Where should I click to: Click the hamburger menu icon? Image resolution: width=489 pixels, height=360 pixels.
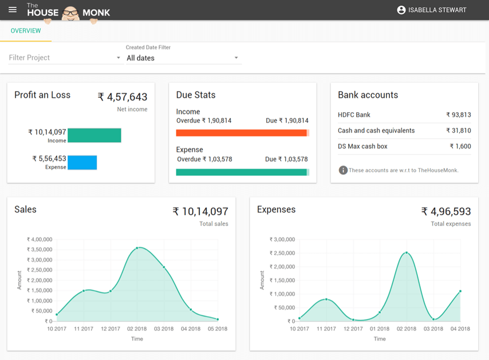coord(13,10)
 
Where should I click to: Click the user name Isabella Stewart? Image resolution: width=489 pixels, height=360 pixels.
coord(437,10)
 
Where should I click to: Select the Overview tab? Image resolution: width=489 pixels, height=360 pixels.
coord(26,31)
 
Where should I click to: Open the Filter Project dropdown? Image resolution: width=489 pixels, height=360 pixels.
coord(65,58)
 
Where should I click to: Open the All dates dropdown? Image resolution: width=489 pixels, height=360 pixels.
coord(183,58)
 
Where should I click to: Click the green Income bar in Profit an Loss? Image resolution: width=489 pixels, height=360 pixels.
coord(94,135)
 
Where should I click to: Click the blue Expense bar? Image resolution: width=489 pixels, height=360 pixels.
coord(82,163)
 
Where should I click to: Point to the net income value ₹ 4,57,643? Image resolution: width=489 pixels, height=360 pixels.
coord(123,97)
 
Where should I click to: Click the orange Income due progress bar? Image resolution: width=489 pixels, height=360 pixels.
coord(241,133)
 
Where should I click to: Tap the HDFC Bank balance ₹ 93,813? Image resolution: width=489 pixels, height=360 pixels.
coord(458,115)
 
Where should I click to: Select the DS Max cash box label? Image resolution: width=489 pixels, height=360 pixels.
coord(362,147)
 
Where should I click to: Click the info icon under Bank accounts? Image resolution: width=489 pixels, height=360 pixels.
coord(343,170)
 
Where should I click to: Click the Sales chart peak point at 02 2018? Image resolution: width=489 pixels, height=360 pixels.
coord(137,248)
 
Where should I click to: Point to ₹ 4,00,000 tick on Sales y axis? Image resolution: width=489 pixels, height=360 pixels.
coord(40,239)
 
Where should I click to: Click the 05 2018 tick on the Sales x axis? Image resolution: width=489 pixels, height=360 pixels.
coord(217,329)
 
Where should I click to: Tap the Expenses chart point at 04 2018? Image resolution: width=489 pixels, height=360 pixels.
coord(460,291)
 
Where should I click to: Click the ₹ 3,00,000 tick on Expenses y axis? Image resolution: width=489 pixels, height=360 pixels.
coord(282,239)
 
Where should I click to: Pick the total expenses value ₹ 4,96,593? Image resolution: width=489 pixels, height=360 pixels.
coord(446,212)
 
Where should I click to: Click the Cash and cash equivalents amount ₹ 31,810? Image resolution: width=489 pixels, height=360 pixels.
coord(458,130)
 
